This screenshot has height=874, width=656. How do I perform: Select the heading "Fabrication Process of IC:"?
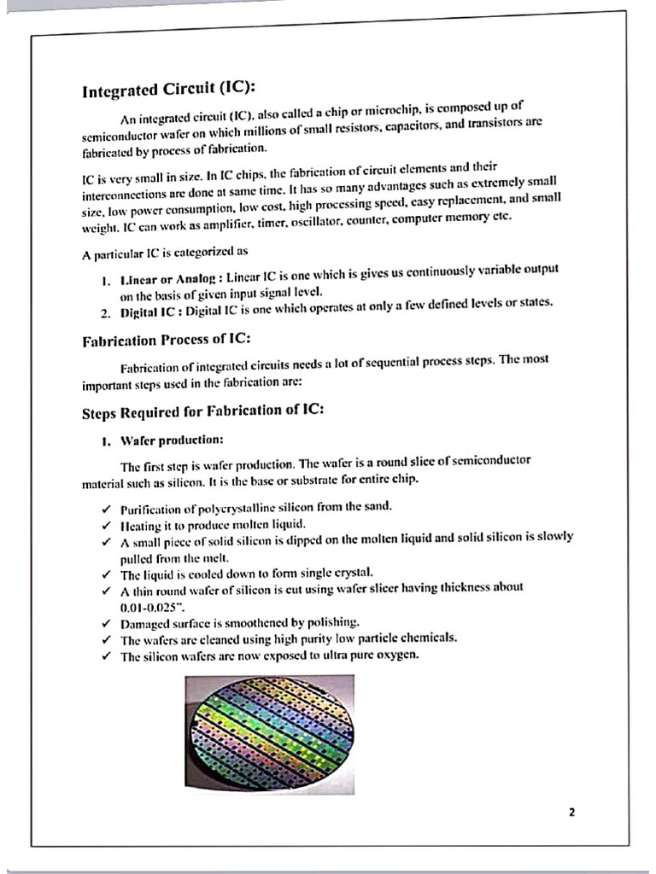click(x=166, y=340)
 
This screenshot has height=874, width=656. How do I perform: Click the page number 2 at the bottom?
click(x=571, y=812)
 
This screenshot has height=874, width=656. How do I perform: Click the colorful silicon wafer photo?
click(x=269, y=732)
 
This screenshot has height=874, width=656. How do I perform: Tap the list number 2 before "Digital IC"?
click(x=104, y=312)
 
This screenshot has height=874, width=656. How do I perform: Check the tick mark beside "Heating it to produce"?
click(x=104, y=523)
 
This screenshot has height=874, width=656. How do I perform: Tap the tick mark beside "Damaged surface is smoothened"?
click(x=104, y=622)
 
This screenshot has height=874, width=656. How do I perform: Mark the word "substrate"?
click(x=307, y=481)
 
